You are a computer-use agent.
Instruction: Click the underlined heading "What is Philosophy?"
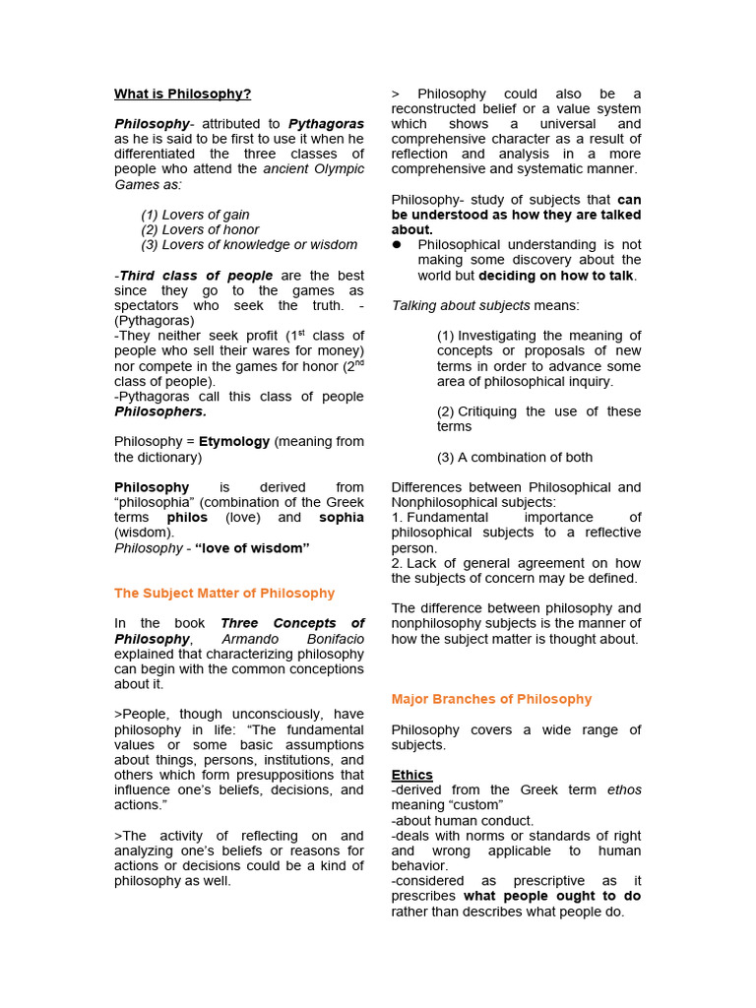[182, 94]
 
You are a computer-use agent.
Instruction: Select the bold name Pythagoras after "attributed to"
[326, 124]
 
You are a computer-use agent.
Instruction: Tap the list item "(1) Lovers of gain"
[195, 215]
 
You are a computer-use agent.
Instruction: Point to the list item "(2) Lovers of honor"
[200, 229]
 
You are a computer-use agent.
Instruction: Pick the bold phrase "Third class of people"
[196, 276]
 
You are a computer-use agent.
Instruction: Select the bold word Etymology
[234, 442]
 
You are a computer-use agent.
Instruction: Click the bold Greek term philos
[187, 518]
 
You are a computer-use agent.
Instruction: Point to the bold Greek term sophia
[341, 518]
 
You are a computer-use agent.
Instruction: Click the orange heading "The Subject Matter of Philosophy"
[224, 594]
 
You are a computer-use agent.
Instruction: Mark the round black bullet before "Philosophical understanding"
[397, 245]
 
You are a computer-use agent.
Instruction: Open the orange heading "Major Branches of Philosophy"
[491, 700]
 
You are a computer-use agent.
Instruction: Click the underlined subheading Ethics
[411, 776]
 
